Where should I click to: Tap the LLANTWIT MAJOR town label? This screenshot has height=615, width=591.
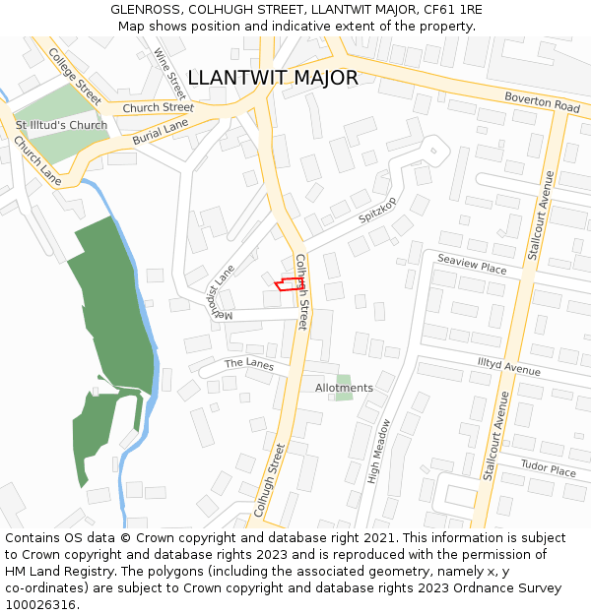272,78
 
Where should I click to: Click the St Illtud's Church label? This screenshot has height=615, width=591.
61,125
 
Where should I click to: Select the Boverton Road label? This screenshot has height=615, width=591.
542,101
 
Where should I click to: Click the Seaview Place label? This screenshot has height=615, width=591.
472,265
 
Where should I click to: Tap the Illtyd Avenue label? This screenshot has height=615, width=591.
508,367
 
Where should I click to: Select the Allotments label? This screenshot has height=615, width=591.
344,388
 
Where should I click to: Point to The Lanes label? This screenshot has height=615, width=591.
248,363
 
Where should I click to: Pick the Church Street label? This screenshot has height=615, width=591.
159,107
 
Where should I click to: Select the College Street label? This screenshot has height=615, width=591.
75,75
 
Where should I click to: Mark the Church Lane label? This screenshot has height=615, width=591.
36,158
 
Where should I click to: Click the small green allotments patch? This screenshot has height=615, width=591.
343,379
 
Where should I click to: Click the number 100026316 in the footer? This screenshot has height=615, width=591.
39,604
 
